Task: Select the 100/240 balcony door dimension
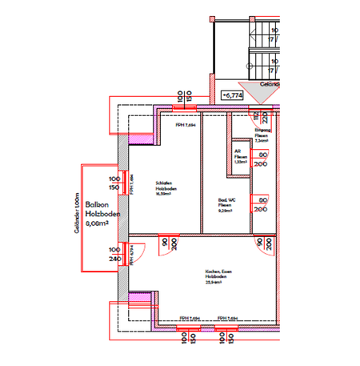point(114,255)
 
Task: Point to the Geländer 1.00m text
point(73,211)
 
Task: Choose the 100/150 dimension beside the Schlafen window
point(114,183)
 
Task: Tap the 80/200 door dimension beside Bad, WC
point(260,204)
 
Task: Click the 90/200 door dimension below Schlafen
point(166,243)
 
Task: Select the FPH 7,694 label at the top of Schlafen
point(186,125)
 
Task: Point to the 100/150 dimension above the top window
point(185,95)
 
